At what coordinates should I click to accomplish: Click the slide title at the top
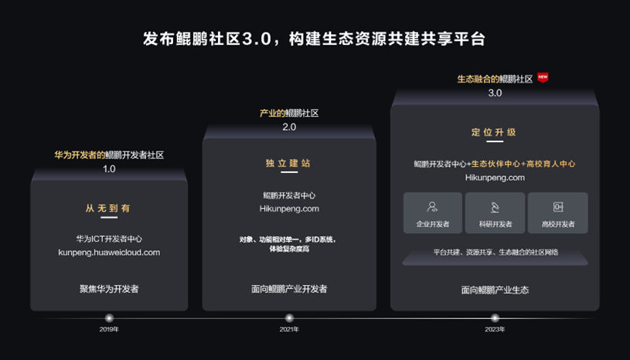click(x=315, y=39)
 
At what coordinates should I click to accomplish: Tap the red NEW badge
click(x=543, y=77)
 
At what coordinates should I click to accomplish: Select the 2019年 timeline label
click(x=109, y=329)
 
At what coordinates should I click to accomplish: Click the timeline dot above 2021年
click(x=289, y=318)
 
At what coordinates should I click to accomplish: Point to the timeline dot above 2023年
click(x=495, y=318)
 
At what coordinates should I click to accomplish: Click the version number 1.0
click(x=109, y=168)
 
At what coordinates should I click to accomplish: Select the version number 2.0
click(x=289, y=127)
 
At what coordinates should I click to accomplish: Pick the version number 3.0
click(x=495, y=93)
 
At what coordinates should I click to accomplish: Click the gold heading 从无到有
click(x=108, y=209)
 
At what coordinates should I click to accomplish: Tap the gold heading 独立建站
click(x=288, y=164)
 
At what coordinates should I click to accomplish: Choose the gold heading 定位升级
click(x=494, y=132)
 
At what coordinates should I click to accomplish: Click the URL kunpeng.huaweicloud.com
click(x=109, y=252)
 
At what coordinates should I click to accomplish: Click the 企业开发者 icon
click(x=433, y=207)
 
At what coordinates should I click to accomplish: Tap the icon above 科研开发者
click(x=495, y=207)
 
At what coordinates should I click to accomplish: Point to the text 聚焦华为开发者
click(x=109, y=289)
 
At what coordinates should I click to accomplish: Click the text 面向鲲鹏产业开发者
click(x=289, y=289)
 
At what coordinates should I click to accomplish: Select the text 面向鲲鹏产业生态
click(x=495, y=290)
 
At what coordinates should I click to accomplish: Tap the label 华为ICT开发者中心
click(x=109, y=239)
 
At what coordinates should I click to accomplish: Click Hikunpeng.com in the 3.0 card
click(x=495, y=177)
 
